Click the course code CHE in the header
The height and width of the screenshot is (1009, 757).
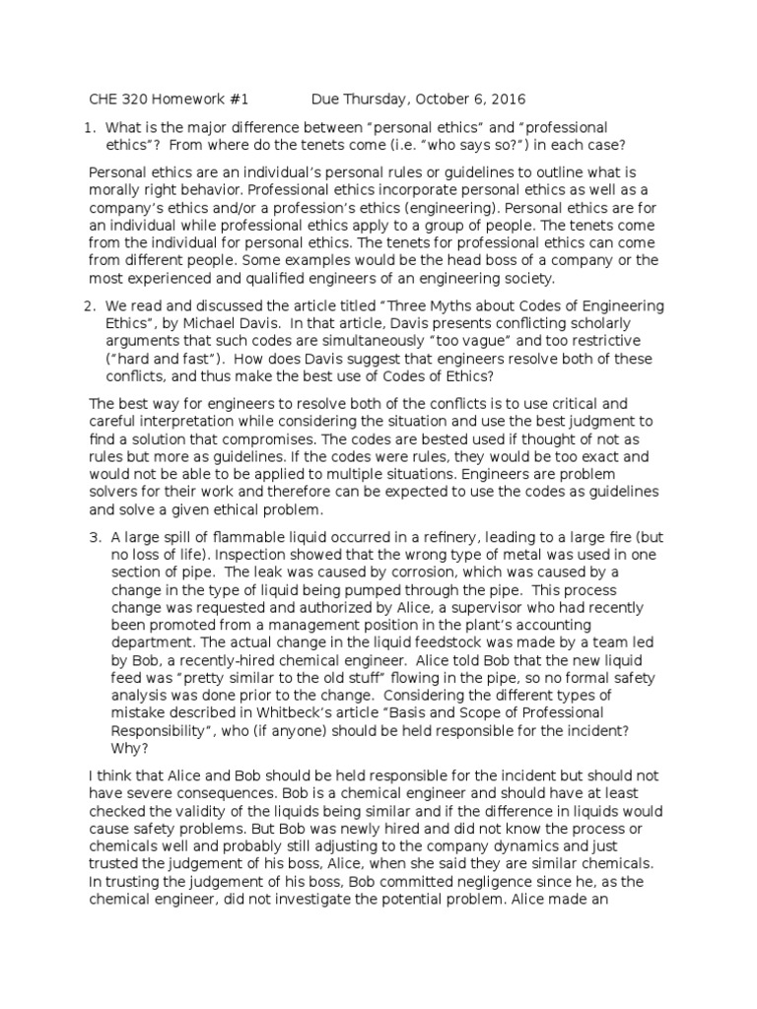point(103,100)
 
